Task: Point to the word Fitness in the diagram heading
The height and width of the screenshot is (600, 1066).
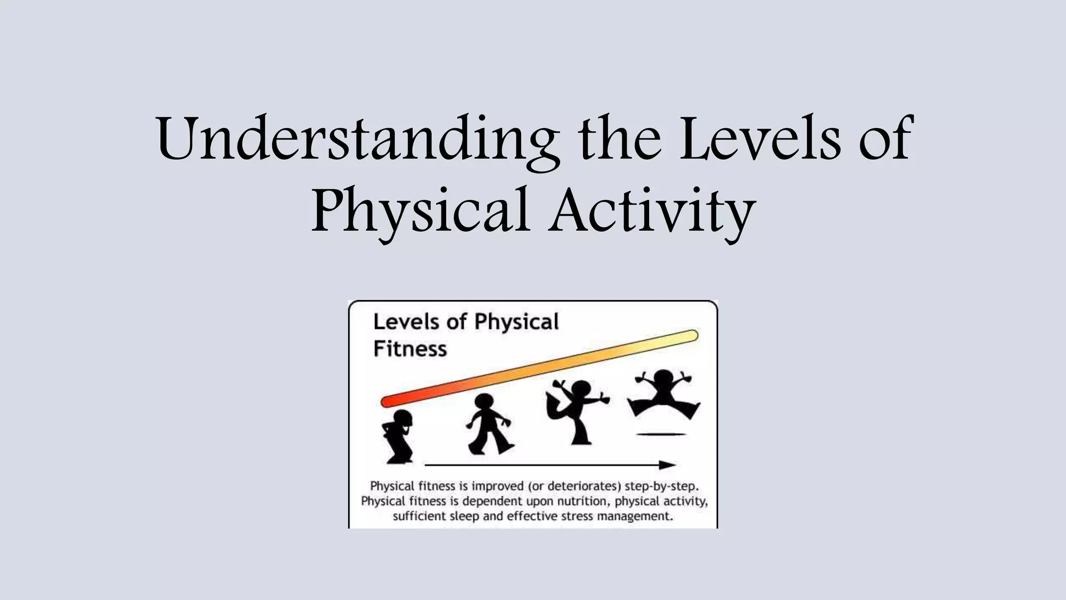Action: point(410,349)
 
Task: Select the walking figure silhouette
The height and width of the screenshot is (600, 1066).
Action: point(489,424)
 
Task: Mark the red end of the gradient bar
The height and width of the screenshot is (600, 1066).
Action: point(388,401)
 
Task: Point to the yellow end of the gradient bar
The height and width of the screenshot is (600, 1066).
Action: point(691,336)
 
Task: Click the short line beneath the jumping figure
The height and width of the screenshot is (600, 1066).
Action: point(661,434)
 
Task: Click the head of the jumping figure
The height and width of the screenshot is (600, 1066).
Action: point(664,379)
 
